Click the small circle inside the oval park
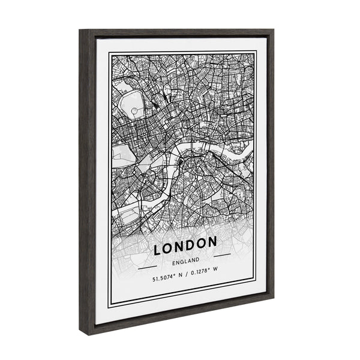[135, 111]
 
